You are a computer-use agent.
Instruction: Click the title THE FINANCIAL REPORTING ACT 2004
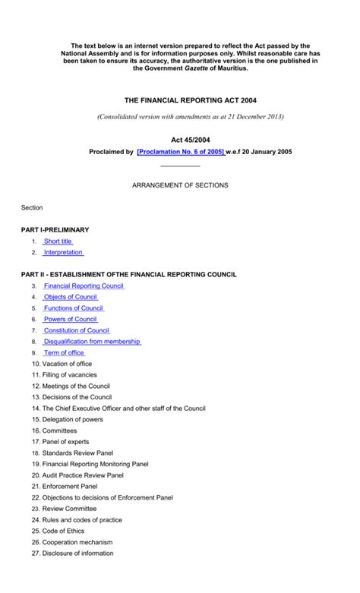pyautogui.click(x=179, y=99)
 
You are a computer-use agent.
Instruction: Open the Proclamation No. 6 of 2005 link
pyautogui.click(x=181, y=152)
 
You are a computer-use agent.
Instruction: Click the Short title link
pyautogui.click(x=58, y=241)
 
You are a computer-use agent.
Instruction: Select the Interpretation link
pyautogui.click(x=63, y=252)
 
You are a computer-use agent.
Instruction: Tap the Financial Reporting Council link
pyautogui.click(x=84, y=286)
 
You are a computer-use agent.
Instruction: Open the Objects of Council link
pyautogui.click(x=71, y=297)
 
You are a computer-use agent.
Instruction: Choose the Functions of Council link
pyautogui.click(x=74, y=308)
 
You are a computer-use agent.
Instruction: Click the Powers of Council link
pyautogui.click(x=71, y=320)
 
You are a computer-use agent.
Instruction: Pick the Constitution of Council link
pyautogui.click(x=77, y=331)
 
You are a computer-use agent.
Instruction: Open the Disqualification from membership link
pyautogui.click(x=92, y=342)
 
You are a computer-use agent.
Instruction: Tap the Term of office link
pyautogui.click(x=65, y=353)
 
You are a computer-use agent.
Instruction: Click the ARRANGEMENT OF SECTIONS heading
pyautogui.click(x=180, y=185)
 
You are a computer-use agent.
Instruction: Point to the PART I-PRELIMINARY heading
pyautogui.click(x=55, y=229)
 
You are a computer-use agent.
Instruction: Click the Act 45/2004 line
pyautogui.click(x=179, y=140)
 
